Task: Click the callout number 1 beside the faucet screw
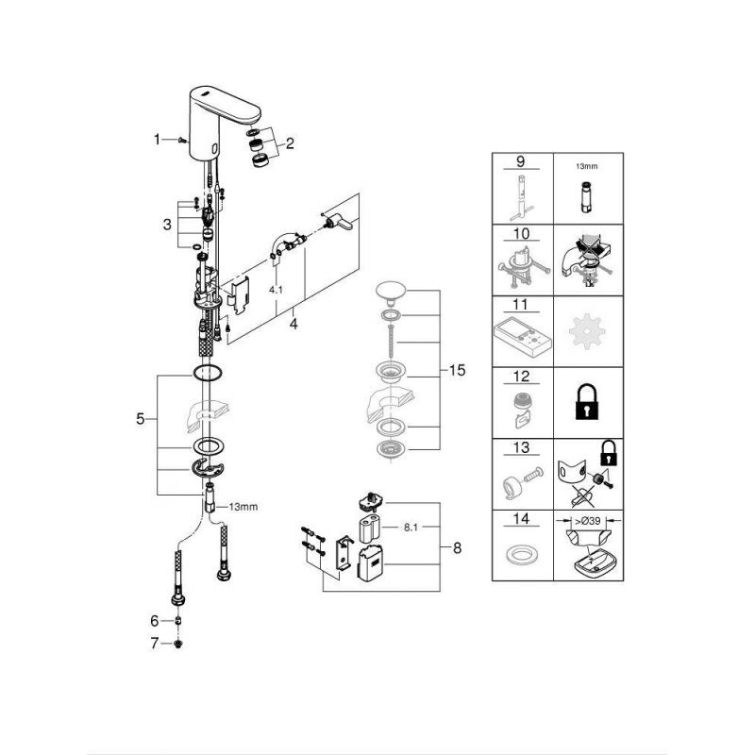[157, 139]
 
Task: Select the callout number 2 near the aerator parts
[290, 143]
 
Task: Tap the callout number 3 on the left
[167, 225]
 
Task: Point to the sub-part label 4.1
[276, 290]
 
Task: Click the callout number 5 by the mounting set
[140, 419]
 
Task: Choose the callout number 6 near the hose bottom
[154, 621]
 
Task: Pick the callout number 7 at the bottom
[154, 644]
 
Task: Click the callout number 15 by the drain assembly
[457, 370]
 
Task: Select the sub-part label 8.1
[411, 528]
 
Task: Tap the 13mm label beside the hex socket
[243, 507]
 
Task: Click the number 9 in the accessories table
[521, 161]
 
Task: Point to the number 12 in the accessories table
[522, 376]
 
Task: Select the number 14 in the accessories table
[522, 518]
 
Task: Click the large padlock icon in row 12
[586, 402]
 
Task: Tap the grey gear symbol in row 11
[586, 331]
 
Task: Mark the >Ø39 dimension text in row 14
[588, 521]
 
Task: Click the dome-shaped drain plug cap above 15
[391, 293]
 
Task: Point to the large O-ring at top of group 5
[207, 372]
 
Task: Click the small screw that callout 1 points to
[182, 140]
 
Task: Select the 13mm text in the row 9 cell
[587, 166]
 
